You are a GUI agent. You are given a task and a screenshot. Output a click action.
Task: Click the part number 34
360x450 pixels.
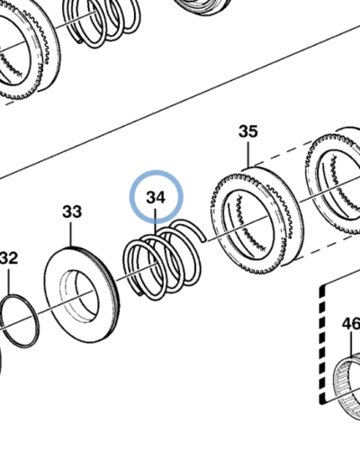click(156, 197)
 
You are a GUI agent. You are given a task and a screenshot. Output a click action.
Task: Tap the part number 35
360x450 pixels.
click(248, 131)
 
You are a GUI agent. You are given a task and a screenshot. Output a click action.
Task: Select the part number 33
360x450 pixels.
click(72, 211)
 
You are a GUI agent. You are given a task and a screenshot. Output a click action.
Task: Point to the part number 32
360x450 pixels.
click(8, 258)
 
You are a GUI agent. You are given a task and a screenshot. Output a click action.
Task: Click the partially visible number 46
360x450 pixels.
click(351, 324)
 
